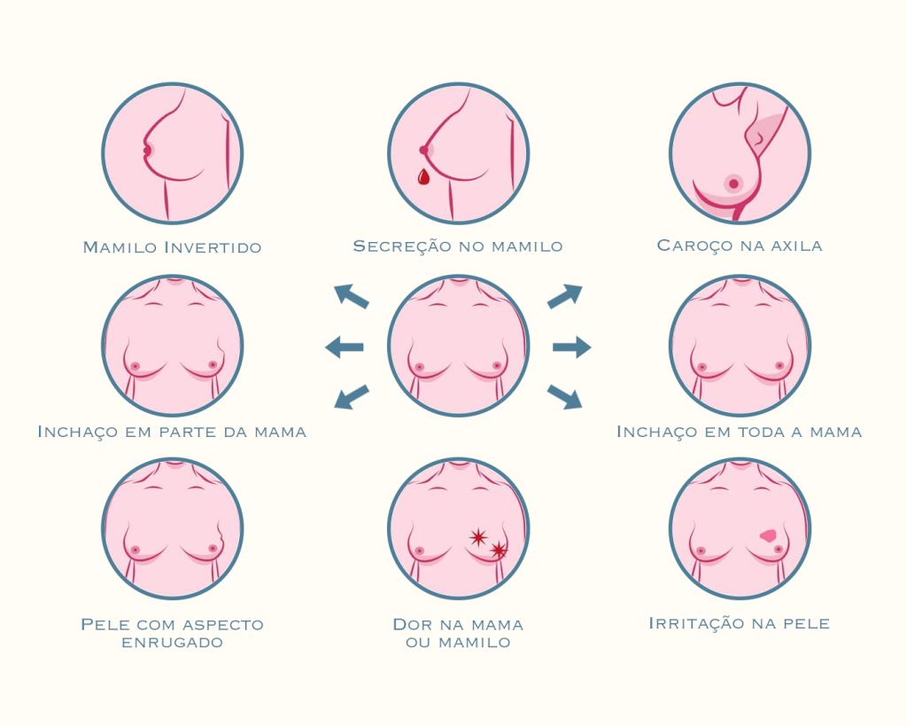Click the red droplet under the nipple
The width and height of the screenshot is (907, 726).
coord(423,177)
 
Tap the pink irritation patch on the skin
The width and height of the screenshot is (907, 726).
coord(768,535)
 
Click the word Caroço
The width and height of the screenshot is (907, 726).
coord(687,246)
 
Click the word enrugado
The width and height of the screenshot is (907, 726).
coord(173,642)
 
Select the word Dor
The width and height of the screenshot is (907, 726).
coord(413,625)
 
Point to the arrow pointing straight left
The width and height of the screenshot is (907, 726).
coord(345,347)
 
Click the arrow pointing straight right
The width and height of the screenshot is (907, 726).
coord(571,347)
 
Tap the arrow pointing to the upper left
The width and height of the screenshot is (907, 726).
coord(351,296)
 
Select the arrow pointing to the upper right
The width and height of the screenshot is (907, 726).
coord(565,296)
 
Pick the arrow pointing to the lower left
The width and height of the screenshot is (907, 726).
coord(352,396)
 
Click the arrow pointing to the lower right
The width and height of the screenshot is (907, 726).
coord(565,396)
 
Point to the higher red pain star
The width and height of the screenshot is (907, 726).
coord(478,537)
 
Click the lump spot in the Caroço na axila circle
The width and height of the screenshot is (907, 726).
coord(733,183)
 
